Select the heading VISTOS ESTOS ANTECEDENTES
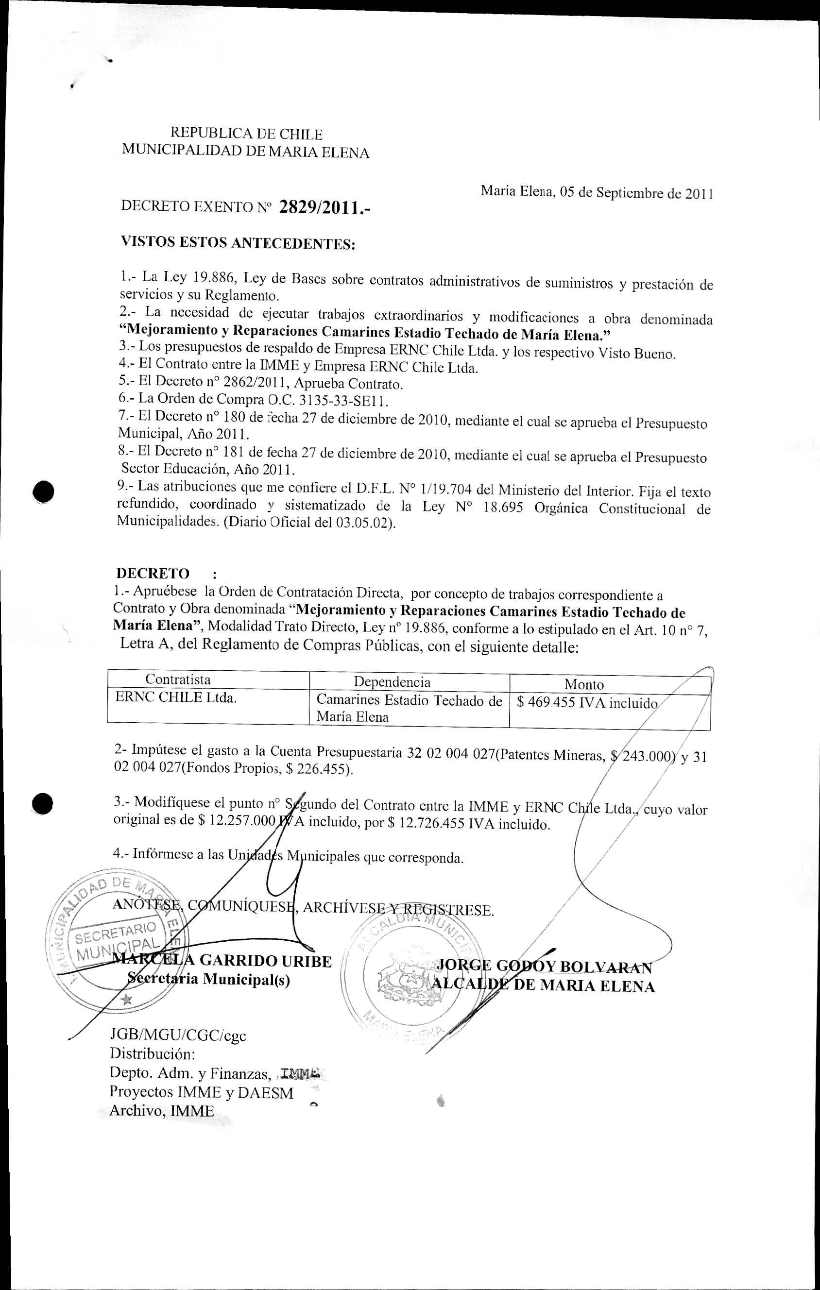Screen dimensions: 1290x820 pyautogui.click(x=239, y=243)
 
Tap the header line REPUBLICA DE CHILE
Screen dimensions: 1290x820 pyautogui.click(x=246, y=134)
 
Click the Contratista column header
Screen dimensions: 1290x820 pyautogui.click(x=178, y=680)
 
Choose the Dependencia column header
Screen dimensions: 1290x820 pyautogui.click(x=392, y=682)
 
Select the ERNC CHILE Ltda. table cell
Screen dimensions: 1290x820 pyautogui.click(x=176, y=698)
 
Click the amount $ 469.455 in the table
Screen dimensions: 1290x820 pyautogui.click(x=546, y=702)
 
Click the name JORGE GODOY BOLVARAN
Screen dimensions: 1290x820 pyautogui.click(x=545, y=966)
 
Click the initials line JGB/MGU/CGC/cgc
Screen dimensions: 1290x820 pyautogui.click(x=178, y=1035)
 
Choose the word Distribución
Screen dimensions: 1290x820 pyautogui.click(x=152, y=1054)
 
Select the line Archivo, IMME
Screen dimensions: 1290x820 pyautogui.click(x=161, y=1110)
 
